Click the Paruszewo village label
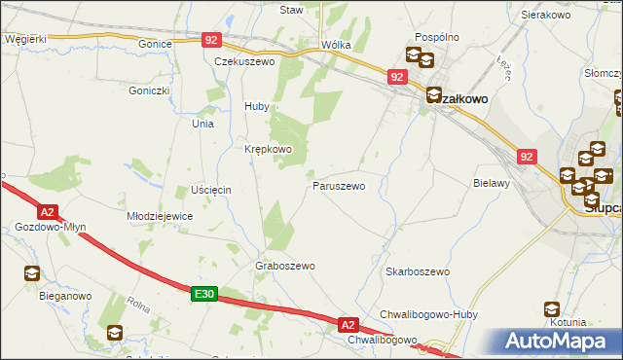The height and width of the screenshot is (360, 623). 339,185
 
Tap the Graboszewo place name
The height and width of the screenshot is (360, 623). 285,266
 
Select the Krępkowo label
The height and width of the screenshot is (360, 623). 268,149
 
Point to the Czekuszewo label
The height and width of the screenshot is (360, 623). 245,60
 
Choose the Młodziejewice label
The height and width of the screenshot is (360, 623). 161,216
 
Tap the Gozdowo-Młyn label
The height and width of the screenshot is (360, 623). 51,227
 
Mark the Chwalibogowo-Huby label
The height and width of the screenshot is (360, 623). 426,313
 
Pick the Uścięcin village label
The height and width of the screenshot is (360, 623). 210,189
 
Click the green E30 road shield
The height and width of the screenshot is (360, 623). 202,294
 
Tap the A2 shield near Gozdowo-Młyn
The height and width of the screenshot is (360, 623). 48,210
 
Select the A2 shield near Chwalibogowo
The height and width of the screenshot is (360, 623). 348,324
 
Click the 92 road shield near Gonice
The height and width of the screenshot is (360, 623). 212,40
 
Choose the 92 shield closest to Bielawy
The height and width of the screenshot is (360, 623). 527,156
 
